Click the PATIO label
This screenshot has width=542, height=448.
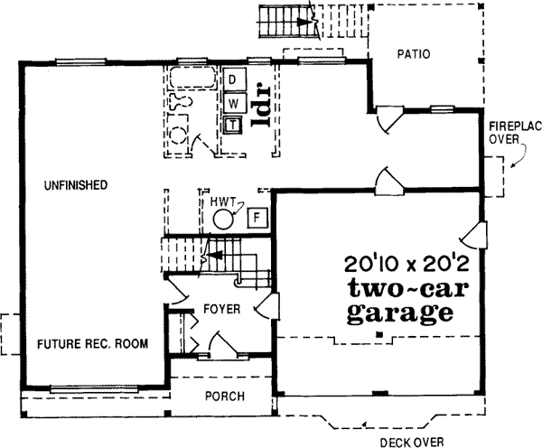point(412,54)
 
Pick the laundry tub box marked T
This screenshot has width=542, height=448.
point(233,124)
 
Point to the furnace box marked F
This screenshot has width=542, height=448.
point(257,218)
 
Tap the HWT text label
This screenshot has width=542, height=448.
point(221,202)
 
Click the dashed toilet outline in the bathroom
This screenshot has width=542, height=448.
point(182,136)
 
